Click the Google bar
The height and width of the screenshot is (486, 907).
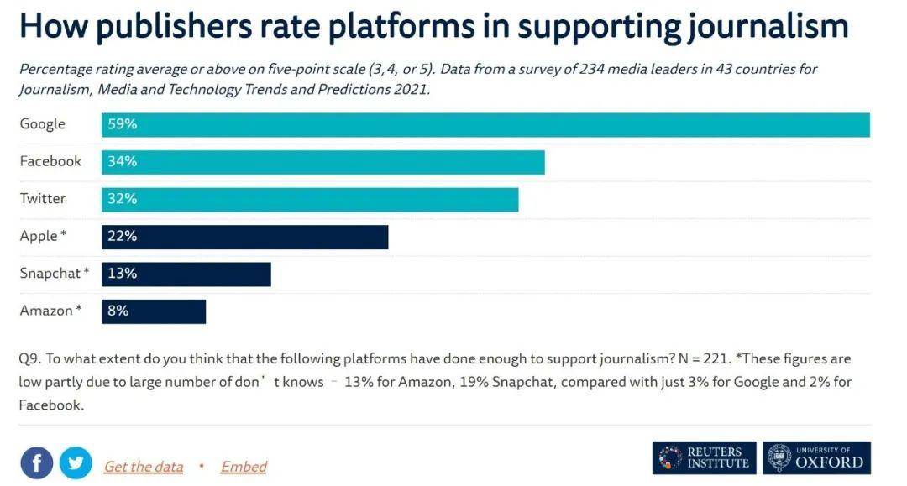coord(485,124)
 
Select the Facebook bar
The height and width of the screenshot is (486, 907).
coord(323,162)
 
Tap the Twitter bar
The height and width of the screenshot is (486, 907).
coord(310,199)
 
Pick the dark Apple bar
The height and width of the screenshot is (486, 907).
coord(245,237)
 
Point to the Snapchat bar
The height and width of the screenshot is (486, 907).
coord(186,274)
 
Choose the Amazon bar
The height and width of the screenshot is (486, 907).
coord(154,311)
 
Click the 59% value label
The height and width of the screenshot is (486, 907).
coord(122,124)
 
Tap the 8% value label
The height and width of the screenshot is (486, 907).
coord(118,311)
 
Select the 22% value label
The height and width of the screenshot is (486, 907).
coord(122,237)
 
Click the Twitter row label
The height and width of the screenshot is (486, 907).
coord(43,199)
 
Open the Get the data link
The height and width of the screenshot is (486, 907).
coord(143,467)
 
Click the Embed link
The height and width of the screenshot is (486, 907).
coord(244,467)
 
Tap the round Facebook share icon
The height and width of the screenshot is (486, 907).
coord(36,462)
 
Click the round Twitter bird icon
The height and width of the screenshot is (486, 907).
coord(76,462)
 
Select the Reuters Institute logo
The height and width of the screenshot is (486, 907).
coord(704,457)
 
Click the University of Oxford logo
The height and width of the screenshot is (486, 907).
coord(816,457)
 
